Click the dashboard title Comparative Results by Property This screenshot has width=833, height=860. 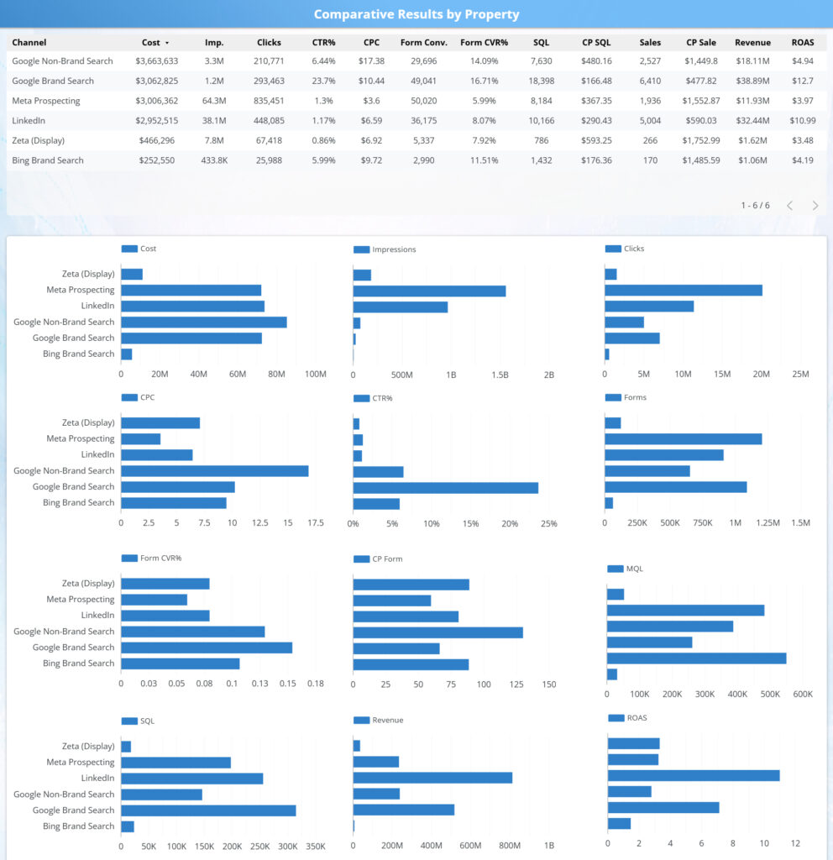click(x=416, y=14)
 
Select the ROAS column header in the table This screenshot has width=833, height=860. click(x=802, y=42)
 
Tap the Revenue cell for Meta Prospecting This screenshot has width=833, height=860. click(x=752, y=101)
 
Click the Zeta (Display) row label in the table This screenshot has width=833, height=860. click(x=38, y=140)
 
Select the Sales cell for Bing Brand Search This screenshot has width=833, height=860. click(x=650, y=160)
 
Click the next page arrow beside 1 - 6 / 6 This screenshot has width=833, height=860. click(x=815, y=205)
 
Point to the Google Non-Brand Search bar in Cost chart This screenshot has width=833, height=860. click(x=204, y=322)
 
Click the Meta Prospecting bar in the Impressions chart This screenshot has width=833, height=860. click(x=429, y=291)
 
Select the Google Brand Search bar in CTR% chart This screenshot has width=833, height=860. click(x=445, y=487)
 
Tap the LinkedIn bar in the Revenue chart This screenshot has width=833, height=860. click(x=432, y=778)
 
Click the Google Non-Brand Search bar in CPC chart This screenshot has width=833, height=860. click(x=214, y=471)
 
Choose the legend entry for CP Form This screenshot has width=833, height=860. click(x=387, y=558)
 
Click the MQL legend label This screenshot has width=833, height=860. click(x=635, y=569)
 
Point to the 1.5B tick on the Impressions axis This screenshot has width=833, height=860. click(x=499, y=375)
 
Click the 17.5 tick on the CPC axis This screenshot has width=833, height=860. click(x=316, y=522)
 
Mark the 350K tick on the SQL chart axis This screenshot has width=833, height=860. click(x=316, y=846)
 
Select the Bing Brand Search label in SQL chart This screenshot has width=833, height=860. click(x=78, y=826)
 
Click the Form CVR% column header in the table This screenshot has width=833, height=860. click(x=485, y=42)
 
